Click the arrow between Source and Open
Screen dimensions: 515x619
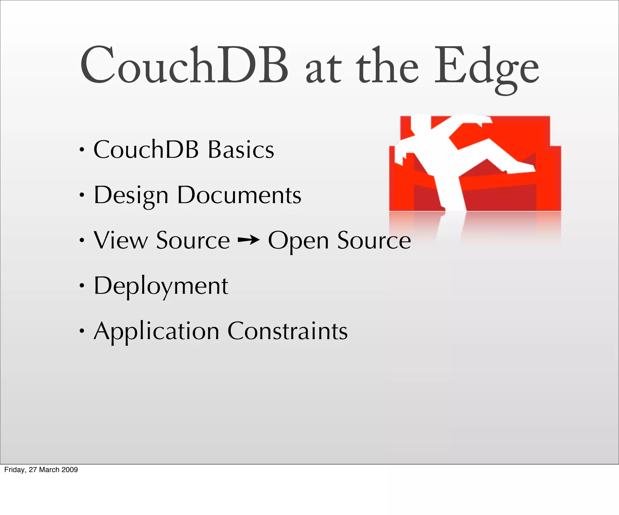pyautogui.click(x=248, y=240)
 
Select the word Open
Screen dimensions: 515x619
pyautogui.click(x=298, y=241)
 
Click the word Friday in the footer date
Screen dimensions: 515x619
pyautogui.click(x=15, y=469)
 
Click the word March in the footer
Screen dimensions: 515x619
pyautogui.click(x=49, y=469)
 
